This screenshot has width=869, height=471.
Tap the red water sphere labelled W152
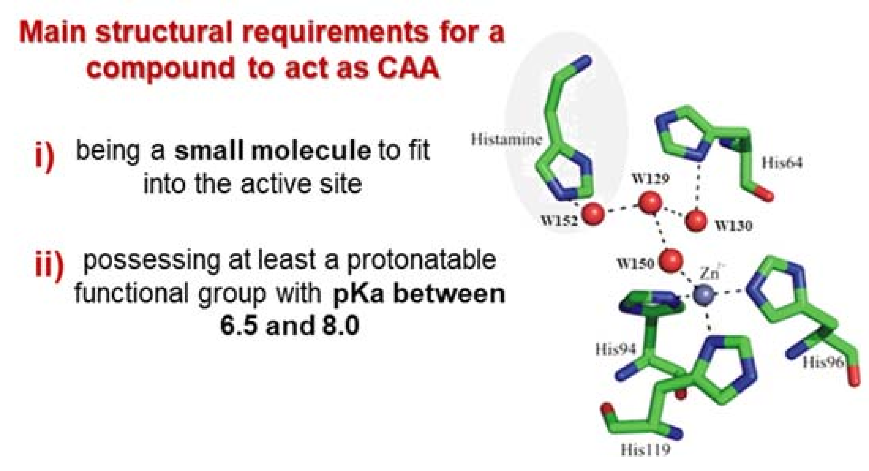[593, 213]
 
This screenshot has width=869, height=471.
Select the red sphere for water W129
[650, 202]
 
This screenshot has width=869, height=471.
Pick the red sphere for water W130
[696, 220]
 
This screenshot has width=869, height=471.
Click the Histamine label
[506, 139]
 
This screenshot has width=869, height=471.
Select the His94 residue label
[615, 349]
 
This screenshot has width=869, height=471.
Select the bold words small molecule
[273, 151]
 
